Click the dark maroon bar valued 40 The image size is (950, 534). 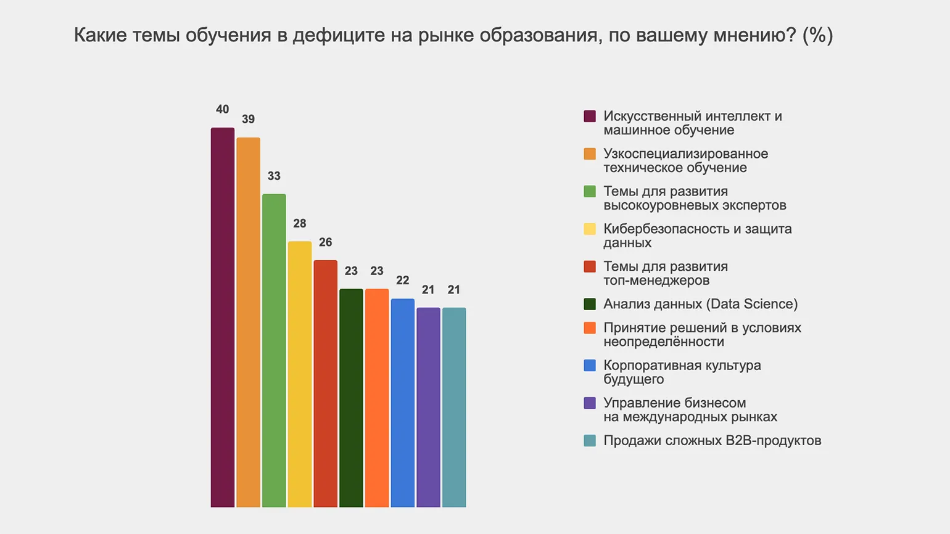[x=223, y=317]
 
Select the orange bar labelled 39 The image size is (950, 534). [x=248, y=322]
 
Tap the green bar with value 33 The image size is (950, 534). [x=274, y=350]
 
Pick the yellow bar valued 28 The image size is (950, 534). [x=300, y=374]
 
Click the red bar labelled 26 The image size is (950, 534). [x=325, y=383]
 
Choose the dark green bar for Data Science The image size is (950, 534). [x=351, y=398]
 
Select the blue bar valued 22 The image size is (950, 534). [x=402, y=403]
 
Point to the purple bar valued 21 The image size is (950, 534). [x=428, y=407]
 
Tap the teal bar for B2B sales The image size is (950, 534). [x=454, y=407]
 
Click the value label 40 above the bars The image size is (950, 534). [x=223, y=109]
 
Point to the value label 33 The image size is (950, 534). [x=274, y=176]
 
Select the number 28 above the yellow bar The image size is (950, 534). [x=300, y=223]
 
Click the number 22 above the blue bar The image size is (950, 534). [x=402, y=281]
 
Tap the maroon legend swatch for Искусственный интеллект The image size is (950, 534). [x=590, y=116]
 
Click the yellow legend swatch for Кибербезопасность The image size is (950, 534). [x=590, y=229]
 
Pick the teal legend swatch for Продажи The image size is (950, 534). [x=590, y=440]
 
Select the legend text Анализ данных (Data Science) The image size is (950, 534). [x=700, y=304]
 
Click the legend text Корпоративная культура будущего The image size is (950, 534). [x=682, y=372]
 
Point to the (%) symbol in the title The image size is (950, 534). [x=817, y=35]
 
